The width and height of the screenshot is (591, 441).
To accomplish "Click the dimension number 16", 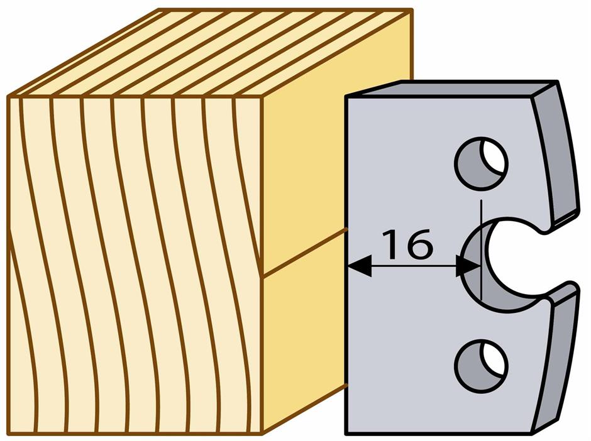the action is click(x=407, y=244).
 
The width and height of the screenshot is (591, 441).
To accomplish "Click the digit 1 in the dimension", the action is click(x=392, y=245).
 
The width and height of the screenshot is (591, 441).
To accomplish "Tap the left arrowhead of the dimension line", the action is click(x=359, y=266).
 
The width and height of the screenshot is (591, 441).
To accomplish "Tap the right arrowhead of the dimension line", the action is click(x=468, y=266).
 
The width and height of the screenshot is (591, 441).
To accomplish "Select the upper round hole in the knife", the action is click(x=481, y=163).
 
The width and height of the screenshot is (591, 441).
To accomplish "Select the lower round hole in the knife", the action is click(x=481, y=366).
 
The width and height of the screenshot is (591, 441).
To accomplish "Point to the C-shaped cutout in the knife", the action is click(x=505, y=264).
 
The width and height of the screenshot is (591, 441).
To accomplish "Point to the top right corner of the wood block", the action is click(x=412, y=10).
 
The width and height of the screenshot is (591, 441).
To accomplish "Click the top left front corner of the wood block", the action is click(x=8, y=97).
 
